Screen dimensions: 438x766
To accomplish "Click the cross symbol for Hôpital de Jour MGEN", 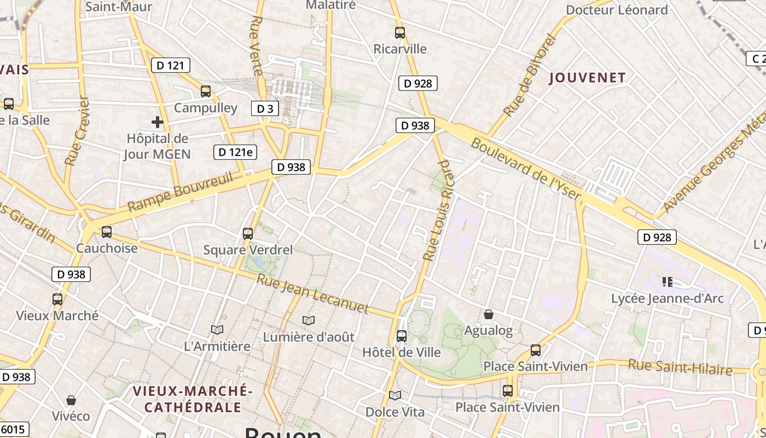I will pyautogui.click(x=158, y=122).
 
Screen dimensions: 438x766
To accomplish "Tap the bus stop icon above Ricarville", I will pyautogui.click(x=400, y=33).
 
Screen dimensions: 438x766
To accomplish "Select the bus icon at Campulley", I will pyautogui.click(x=206, y=91).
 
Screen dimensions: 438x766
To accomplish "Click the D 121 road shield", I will pyautogui.click(x=170, y=66).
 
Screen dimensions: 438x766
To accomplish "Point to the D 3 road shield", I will pyautogui.click(x=265, y=108).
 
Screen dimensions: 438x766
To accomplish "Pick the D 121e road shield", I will pyautogui.click(x=235, y=152).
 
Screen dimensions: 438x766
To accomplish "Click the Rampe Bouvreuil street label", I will pyautogui.click(x=180, y=191).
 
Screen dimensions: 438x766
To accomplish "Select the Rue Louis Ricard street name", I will pyautogui.click(x=439, y=210).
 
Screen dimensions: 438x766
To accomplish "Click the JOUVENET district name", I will pyautogui.click(x=587, y=78).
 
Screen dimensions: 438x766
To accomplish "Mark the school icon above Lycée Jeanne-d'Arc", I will pyautogui.click(x=667, y=282).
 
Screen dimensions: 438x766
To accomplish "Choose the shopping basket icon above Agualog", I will pyautogui.click(x=489, y=314).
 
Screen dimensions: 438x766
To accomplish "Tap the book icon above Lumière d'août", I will pyautogui.click(x=309, y=320).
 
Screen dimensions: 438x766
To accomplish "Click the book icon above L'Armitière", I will pyautogui.click(x=217, y=330).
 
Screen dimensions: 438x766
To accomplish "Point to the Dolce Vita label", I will pyautogui.click(x=394, y=412).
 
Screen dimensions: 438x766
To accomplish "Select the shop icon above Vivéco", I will pyautogui.click(x=71, y=400).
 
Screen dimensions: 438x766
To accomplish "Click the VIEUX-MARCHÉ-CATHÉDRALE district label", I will pyautogui.click(x=193, y=399).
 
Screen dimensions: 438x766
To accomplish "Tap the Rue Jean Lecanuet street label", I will pyautogui.click(x=313, y=293).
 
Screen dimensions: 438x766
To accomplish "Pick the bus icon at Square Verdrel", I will pyautogui.click(x=248, y=234).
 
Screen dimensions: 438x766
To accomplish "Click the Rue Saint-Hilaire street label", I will pyautogui.click(x=680, y=367).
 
